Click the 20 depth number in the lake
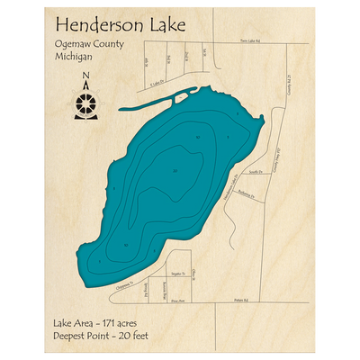click(x=175, y=171)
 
